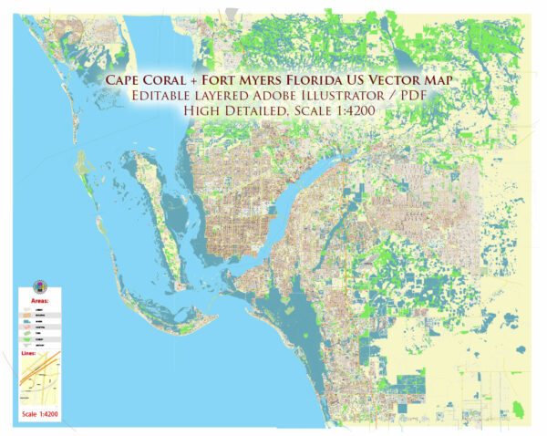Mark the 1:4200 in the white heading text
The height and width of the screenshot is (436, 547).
click(x=365, y=110)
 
